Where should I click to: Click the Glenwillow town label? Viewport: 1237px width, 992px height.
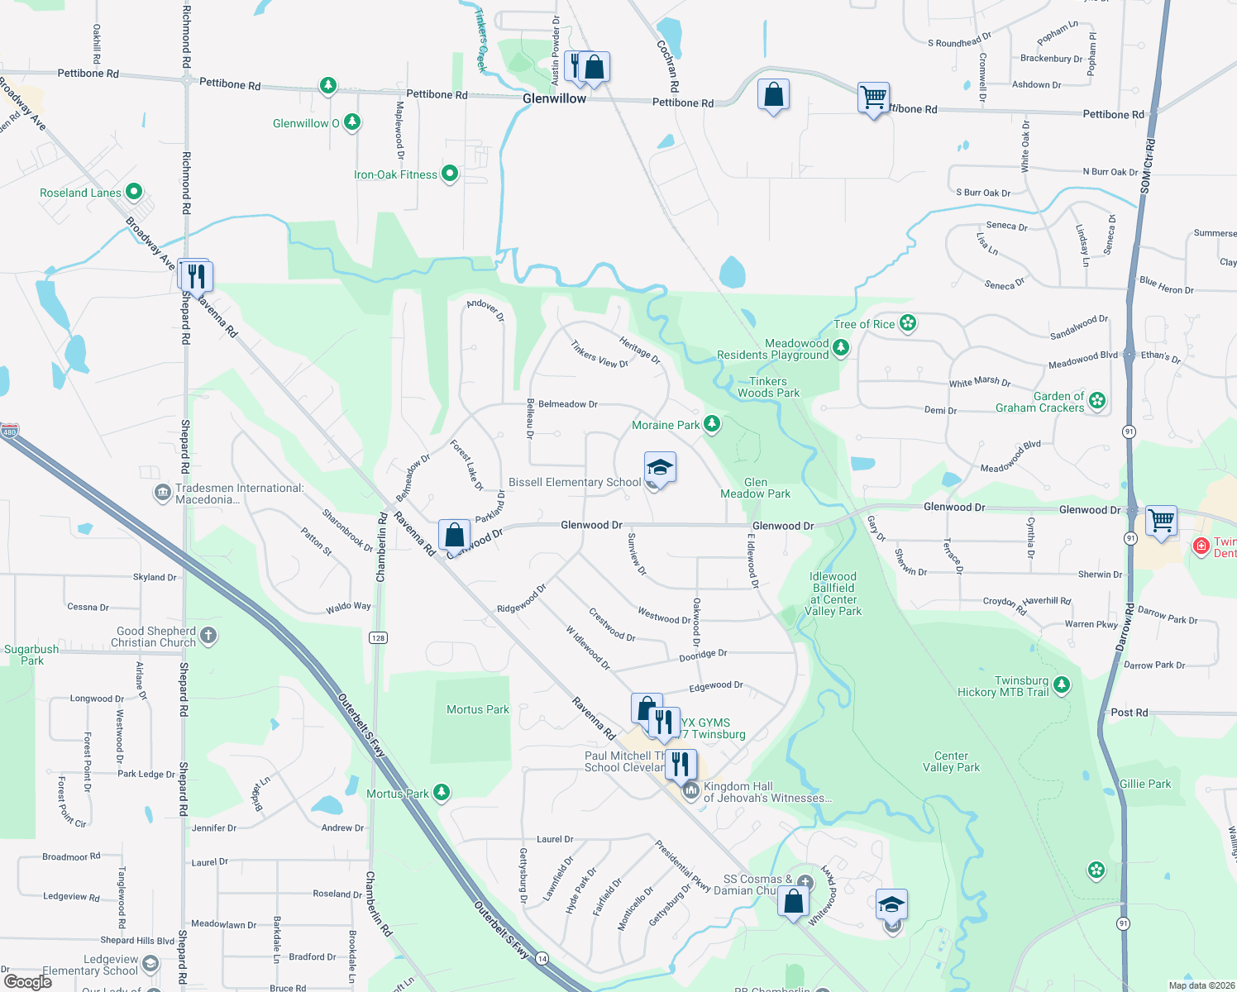tap(554, 98)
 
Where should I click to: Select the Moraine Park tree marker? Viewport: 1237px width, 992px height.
tap(711, 425)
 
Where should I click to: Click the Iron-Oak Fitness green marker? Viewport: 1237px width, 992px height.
tap(450, 174)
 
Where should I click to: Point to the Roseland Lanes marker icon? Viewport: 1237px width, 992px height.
tap(134, 192)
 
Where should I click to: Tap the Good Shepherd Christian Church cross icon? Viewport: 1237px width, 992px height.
tap(208, 636)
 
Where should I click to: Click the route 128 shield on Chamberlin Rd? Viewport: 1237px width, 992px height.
tap(379, 637)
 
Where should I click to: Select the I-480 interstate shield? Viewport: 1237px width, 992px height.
tap(9, 432)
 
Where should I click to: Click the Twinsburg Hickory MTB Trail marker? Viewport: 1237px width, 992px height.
tap(1062, 684)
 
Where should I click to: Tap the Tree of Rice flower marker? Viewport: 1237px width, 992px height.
tap(908, 323)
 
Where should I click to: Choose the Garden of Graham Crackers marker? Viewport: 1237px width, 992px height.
tap(1097, 401)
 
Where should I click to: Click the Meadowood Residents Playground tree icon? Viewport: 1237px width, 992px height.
tap(841, 347)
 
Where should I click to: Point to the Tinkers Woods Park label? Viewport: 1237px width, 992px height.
tap(768, 387)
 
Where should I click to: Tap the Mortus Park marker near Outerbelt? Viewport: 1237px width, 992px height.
tap(442, 793)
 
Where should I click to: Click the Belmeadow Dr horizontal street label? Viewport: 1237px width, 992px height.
tap(567, 404)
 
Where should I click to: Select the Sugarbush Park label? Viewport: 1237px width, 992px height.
tap(31, 655)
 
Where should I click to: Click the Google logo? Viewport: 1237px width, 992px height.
tap(27, 981)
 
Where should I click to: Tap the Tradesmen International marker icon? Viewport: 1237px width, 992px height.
tap(163, 494)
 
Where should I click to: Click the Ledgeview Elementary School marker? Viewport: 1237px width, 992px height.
tap(150, 963)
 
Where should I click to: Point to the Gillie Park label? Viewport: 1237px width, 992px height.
tap(1145, 784)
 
